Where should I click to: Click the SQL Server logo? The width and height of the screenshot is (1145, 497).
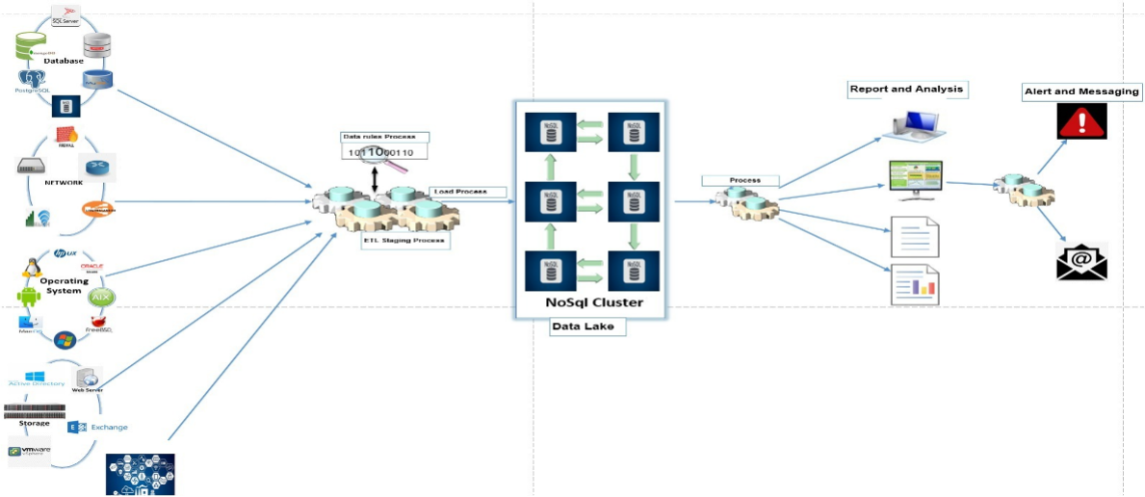[65, 14]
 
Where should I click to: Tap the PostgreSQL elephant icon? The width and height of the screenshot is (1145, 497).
[32, 80]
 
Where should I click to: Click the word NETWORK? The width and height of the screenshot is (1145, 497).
[64, 182]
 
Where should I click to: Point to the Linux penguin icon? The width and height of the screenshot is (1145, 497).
[39, 265]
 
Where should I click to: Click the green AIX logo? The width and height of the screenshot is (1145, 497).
[101, 298]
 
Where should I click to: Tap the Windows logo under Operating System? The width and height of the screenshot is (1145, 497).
[65, 340]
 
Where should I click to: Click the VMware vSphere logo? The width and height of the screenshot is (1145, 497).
[30, 451]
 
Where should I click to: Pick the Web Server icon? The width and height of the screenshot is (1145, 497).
[87, 378]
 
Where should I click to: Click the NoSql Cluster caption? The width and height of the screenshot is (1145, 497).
[587, 303]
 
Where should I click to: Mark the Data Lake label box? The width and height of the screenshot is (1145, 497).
[583, 327]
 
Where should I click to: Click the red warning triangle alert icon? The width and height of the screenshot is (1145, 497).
[1081, 121]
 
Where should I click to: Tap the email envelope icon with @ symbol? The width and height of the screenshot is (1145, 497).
[1081, 260]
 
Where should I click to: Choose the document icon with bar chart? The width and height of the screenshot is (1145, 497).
[914, 284]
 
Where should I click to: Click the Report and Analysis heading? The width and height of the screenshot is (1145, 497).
[905, 90]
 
